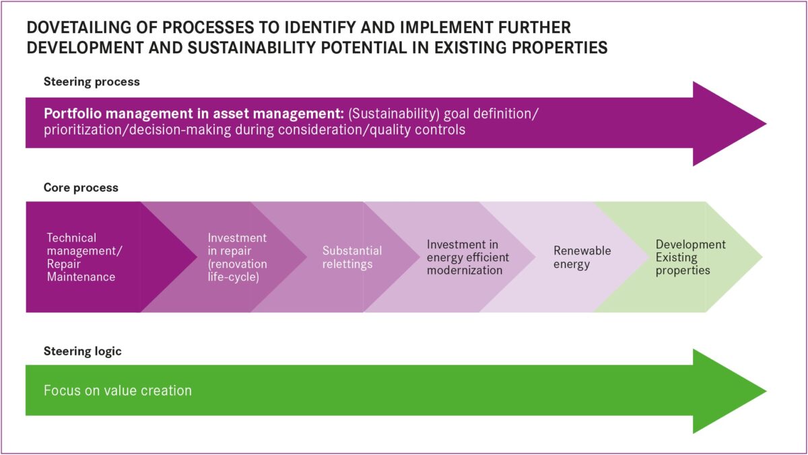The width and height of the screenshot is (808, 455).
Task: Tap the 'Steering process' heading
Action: [92, 82]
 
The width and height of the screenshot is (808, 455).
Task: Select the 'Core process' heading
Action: [81, 188]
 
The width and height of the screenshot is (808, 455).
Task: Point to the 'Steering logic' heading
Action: [83, 351]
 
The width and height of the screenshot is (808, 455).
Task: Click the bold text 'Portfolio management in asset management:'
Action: [194, 114]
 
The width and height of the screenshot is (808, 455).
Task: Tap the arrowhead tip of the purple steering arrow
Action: [766, 124]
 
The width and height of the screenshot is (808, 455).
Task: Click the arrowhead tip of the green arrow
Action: [766, 391]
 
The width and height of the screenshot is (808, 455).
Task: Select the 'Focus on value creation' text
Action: [118, 390]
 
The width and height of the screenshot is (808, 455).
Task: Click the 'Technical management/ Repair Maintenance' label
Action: [84, 257]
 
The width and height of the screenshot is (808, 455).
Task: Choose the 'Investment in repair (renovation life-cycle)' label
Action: [237, 257]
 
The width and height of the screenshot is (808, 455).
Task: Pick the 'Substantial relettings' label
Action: [352, 257]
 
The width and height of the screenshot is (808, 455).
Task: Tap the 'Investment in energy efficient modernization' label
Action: [468, 257]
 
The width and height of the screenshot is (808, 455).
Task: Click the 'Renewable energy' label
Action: [582, 257]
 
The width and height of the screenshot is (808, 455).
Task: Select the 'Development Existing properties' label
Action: [690, 257]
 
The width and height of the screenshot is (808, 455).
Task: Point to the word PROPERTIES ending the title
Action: [558, 48]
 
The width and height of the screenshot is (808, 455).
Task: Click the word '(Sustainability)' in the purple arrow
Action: [394, 114]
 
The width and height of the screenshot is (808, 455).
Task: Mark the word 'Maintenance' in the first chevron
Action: [81, 277]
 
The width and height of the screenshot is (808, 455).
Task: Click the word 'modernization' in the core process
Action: [465, 271]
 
